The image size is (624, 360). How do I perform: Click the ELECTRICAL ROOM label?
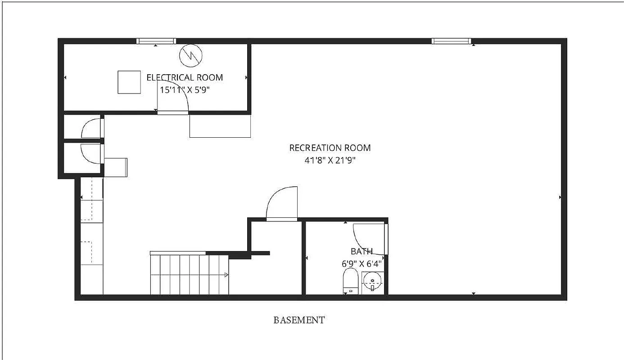[185, 77]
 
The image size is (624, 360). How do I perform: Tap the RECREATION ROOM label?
[330, 148]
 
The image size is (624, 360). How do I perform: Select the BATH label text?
[362, 252]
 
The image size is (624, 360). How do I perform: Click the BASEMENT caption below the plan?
[299, 320]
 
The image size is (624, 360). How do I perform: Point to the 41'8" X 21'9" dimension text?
[330, 160]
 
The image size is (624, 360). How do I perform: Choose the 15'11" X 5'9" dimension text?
[185, 90]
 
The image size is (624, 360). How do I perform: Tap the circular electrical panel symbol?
[191, 55]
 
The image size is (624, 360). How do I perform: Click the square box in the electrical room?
[129, 82]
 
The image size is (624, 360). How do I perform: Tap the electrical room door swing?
[173, 97]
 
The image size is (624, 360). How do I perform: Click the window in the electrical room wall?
[156, 41]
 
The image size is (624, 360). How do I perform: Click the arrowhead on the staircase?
[226, 274]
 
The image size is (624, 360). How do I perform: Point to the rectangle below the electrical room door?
[220, 126]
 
